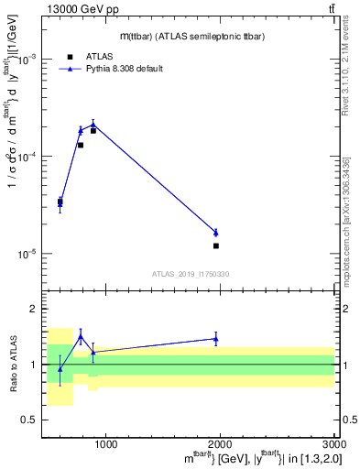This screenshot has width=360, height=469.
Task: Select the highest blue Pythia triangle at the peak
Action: pos(93,125)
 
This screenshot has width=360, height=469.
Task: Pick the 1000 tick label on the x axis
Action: pos(105,446)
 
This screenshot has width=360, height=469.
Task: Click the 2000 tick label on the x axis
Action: pos(220,446)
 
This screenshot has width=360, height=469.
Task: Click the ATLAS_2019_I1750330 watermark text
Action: pos(190,274)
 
